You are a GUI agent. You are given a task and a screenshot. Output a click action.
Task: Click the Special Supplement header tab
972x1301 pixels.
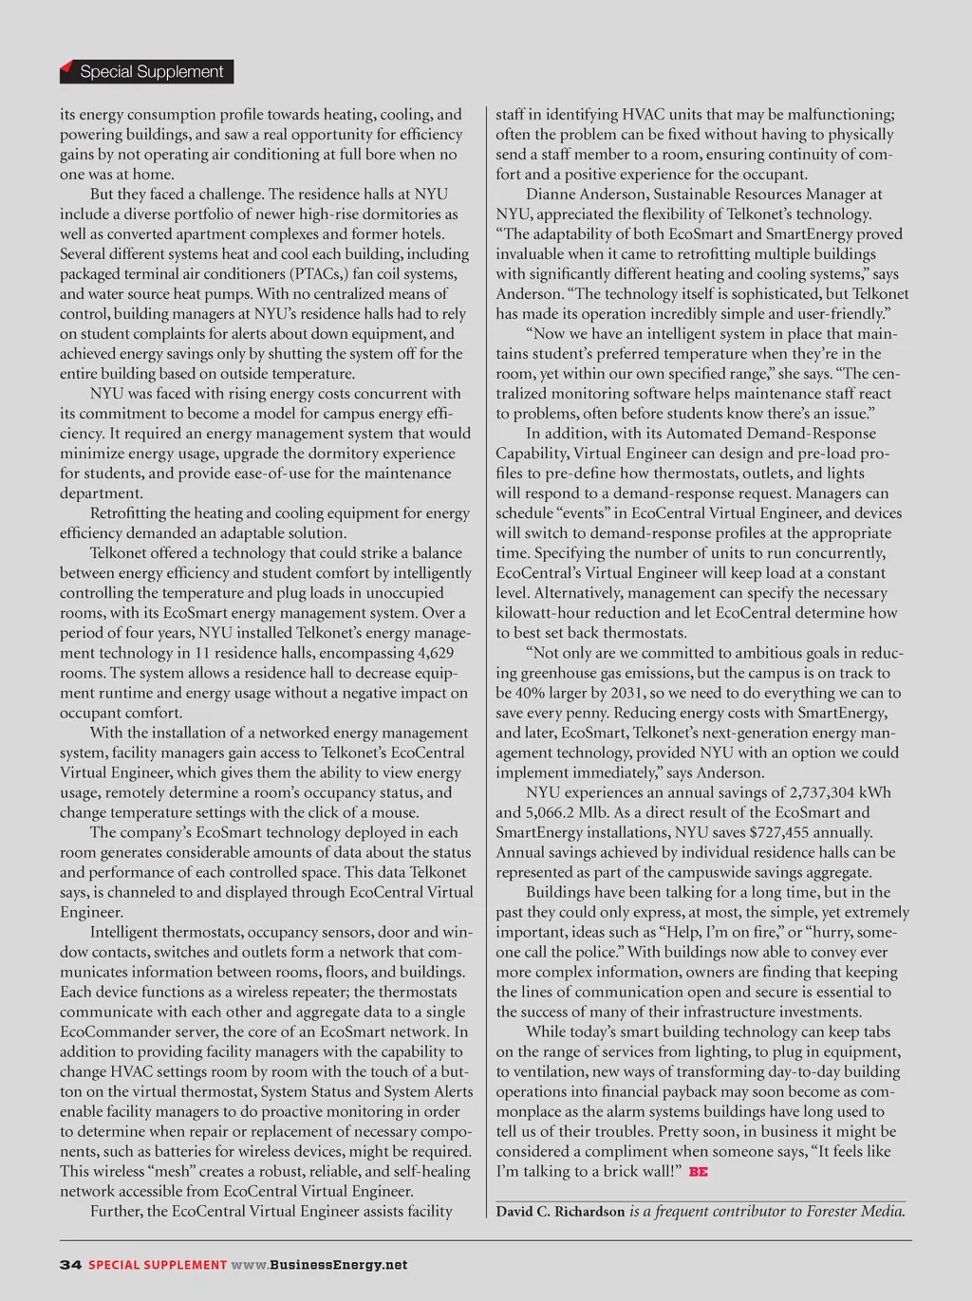[151, 72]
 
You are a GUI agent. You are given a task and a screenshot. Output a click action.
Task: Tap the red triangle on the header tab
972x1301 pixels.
[66, 67]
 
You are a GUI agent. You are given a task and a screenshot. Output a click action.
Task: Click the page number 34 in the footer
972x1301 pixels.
[70, 1265]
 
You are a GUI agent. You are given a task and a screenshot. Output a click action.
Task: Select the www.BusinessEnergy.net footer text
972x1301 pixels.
[319, 1265]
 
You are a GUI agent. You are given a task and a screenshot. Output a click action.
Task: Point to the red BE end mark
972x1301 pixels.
[699, 1172]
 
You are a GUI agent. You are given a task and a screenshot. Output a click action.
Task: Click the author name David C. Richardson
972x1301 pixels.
[560, 1212]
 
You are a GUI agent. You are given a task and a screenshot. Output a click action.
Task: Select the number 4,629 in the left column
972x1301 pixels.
[436, 653]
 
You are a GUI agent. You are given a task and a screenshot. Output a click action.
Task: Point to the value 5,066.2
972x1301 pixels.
[555, 813]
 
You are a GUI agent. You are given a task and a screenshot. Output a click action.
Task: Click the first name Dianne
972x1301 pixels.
[556, 195]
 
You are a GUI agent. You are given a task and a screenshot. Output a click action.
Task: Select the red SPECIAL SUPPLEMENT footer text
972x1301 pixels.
[158, 1265]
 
